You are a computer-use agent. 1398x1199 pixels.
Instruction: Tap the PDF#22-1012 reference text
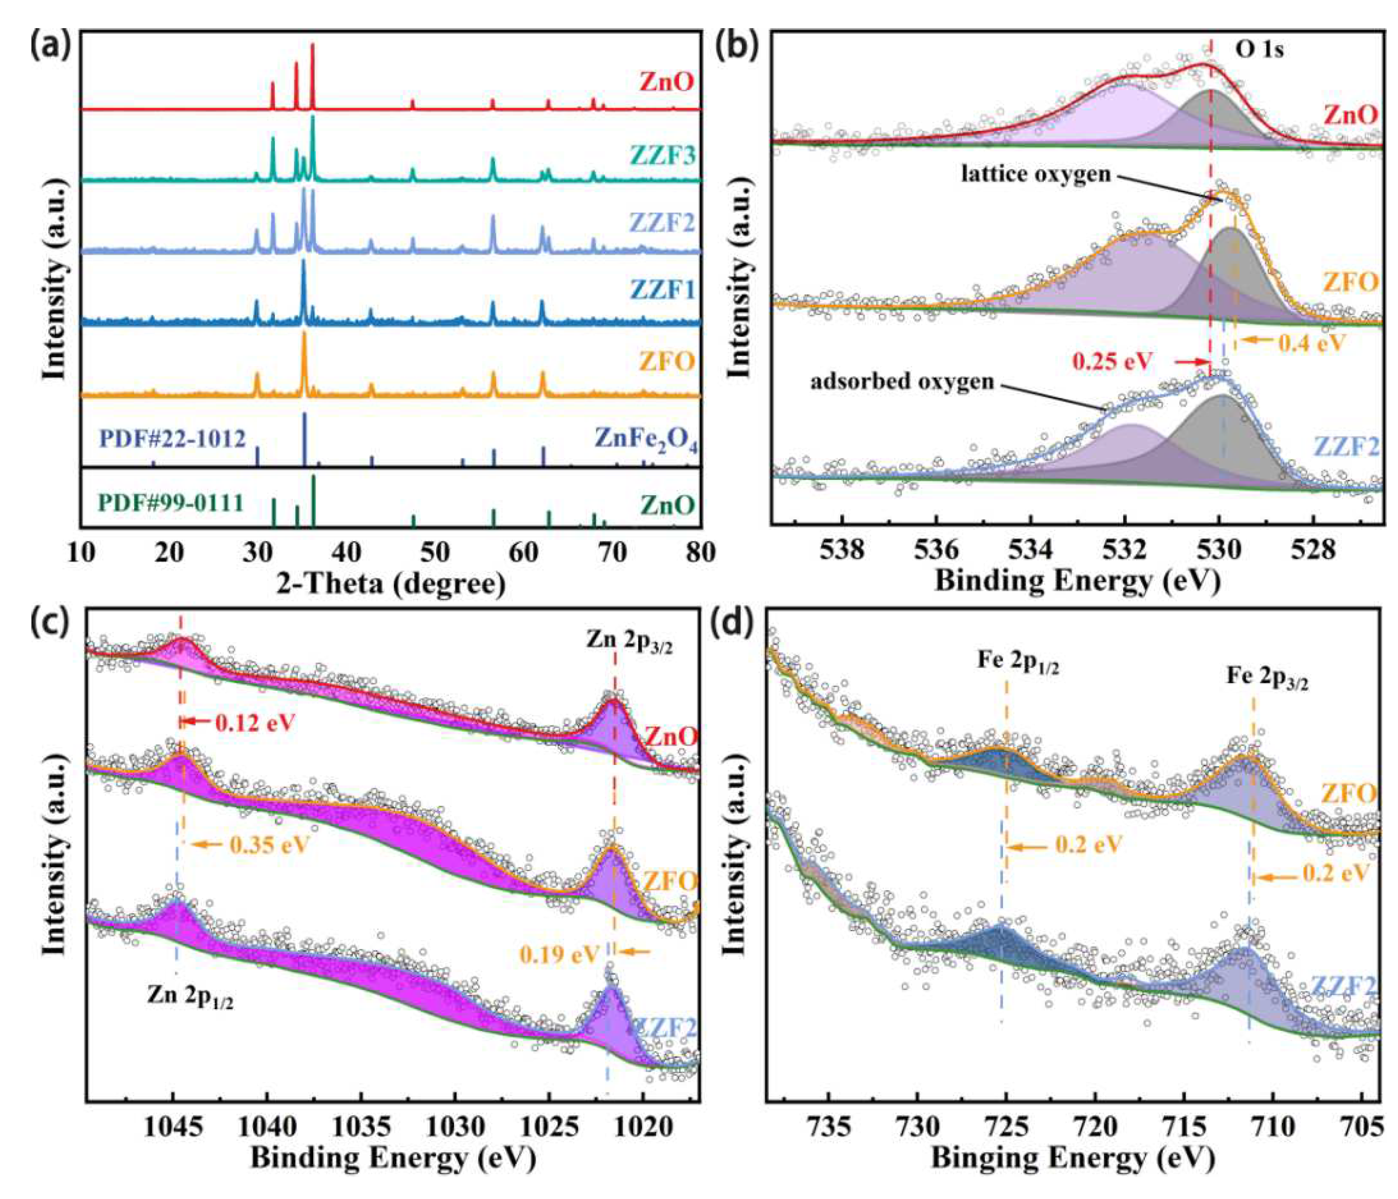pyautogui.click(x=172, y=439)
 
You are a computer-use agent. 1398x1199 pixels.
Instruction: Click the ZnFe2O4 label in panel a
pyautogui.click(x=645, y=439)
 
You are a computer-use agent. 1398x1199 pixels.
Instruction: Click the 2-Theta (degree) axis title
pyautogui.click(x=391, y=583)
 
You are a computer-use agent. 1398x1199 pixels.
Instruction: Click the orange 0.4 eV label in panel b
pyautogui.click(x=1312, y=343)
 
